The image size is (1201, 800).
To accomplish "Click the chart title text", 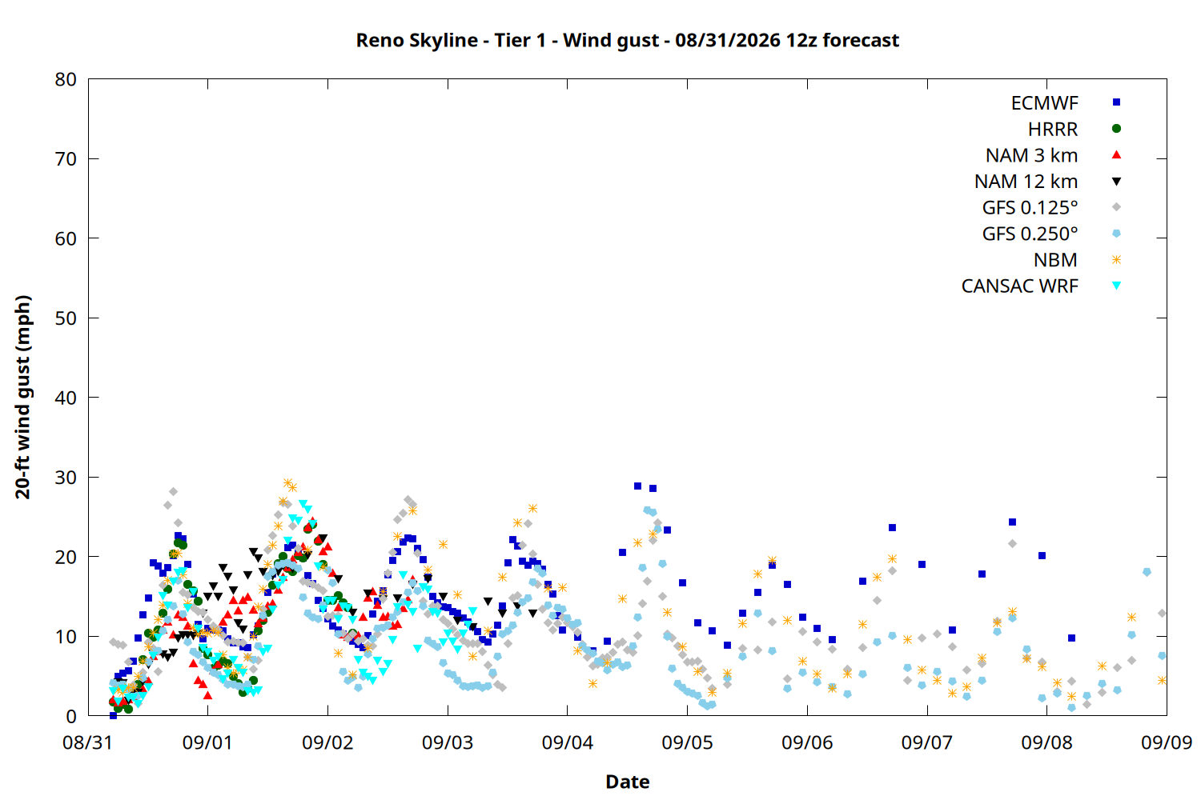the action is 627,41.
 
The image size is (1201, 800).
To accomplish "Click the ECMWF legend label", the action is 1044,103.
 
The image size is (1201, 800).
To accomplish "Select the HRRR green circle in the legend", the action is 1116,129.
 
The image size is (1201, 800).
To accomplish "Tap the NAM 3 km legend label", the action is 1031,155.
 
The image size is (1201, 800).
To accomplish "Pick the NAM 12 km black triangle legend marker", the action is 1116,182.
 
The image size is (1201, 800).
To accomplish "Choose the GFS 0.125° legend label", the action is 1030,207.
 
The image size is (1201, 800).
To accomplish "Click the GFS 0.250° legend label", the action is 1030,234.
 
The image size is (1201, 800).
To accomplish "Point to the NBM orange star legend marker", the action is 1116,260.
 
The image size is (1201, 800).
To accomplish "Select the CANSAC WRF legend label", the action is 1020,286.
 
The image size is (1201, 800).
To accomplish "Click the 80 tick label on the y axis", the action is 66,80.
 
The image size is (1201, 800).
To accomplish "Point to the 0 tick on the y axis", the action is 71,716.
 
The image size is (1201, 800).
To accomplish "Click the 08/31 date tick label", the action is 87,742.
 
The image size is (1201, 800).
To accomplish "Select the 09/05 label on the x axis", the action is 687,742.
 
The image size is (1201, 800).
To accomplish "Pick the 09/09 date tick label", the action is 1167,742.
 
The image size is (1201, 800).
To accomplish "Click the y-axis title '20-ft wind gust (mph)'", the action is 22,397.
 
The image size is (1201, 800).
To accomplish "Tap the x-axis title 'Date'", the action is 627,782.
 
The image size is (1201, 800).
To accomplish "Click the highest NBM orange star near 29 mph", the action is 288,483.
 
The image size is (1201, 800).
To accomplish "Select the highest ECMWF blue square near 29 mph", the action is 637,486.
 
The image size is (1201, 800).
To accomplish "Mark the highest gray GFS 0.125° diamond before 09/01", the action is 173,491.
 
